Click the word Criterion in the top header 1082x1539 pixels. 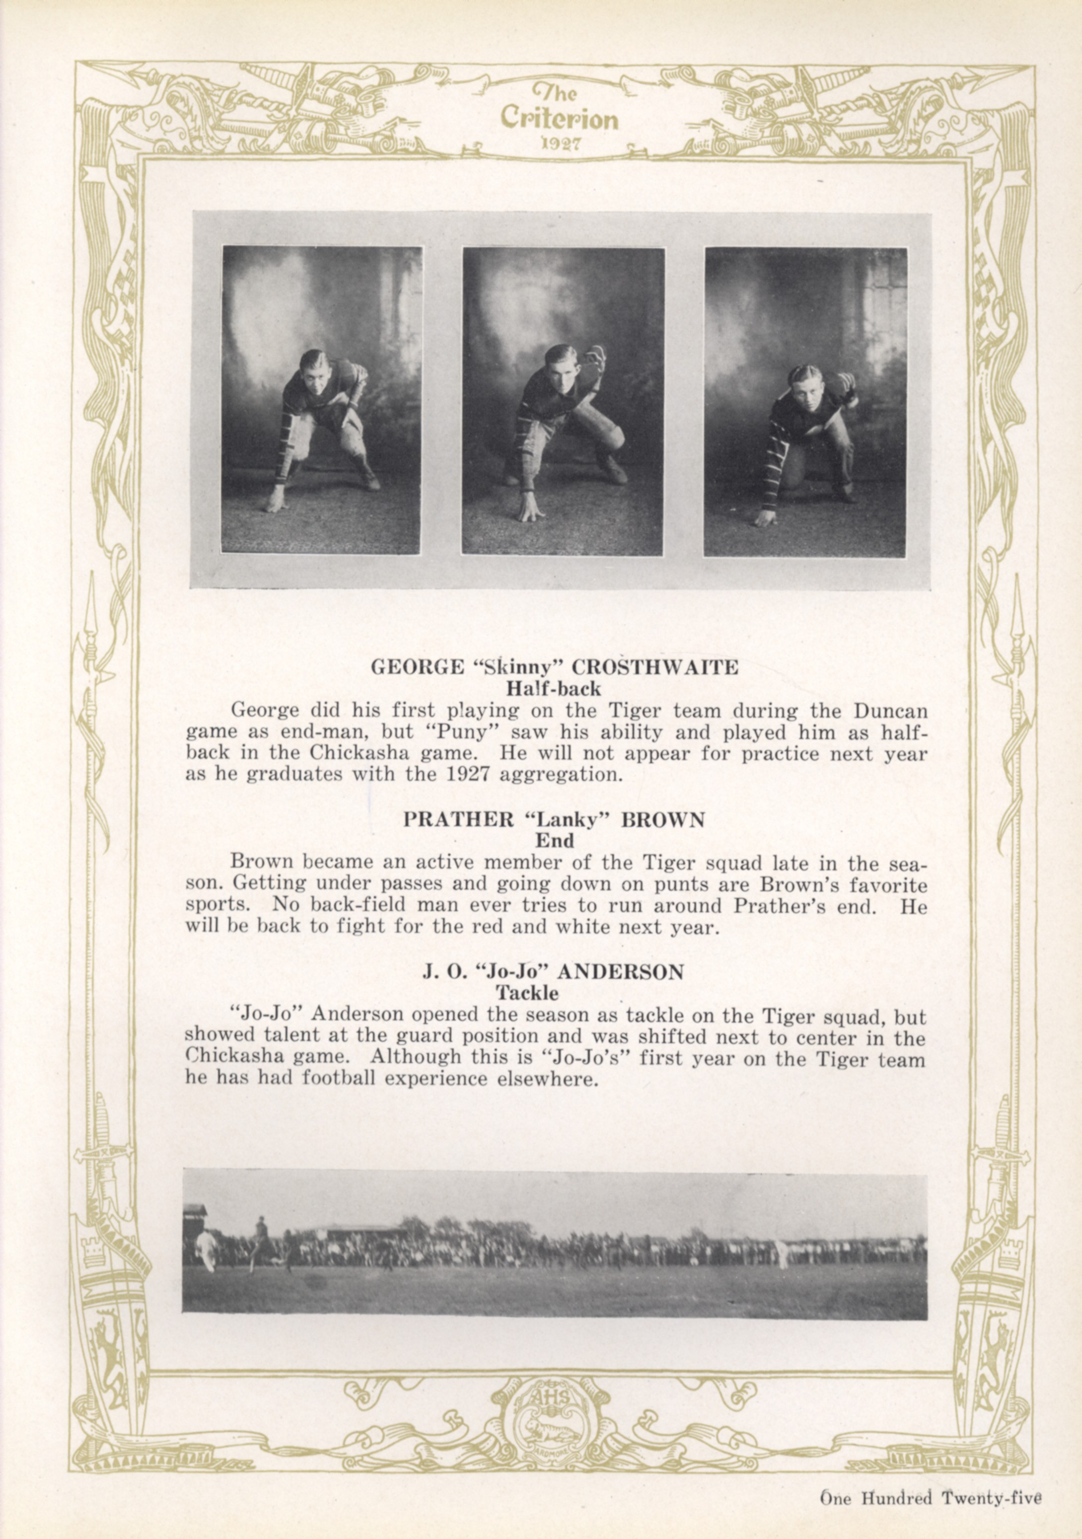tap(559, 119)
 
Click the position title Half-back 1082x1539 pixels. tap(554, 688)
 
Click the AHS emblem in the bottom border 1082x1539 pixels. tap(541, 1407)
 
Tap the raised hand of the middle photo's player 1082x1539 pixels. tap(593, 359)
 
